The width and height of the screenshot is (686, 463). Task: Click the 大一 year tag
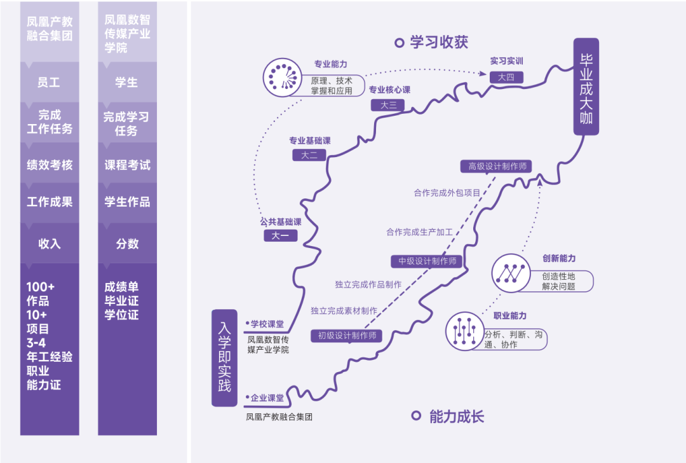[281, 236]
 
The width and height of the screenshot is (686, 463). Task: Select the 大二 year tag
[309, 155]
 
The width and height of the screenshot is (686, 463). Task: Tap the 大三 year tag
[387, 105]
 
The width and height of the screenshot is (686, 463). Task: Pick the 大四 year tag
[506, 77]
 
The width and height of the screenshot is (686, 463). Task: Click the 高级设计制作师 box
[496, 167]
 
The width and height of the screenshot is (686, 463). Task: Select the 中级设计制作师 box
[427, 261]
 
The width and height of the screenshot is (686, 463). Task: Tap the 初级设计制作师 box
[347, 336]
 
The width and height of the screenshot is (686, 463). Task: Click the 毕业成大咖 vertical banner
[586, 86]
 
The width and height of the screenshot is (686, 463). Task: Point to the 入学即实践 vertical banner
[224, 358]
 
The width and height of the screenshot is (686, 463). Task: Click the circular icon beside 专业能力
[282, 78]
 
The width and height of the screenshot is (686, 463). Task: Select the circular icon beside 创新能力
[511, 273]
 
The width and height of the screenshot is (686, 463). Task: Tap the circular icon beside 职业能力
[464, 331]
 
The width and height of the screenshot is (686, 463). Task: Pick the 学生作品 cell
[127, 203]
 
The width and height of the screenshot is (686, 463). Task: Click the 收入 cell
[50, 243]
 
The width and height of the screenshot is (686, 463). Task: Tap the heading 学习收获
[439, 42]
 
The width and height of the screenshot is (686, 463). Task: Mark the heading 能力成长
[457, 416]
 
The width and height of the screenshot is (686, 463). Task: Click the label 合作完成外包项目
[447, 193]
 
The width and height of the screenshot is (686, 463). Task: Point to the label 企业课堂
[267, 397]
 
